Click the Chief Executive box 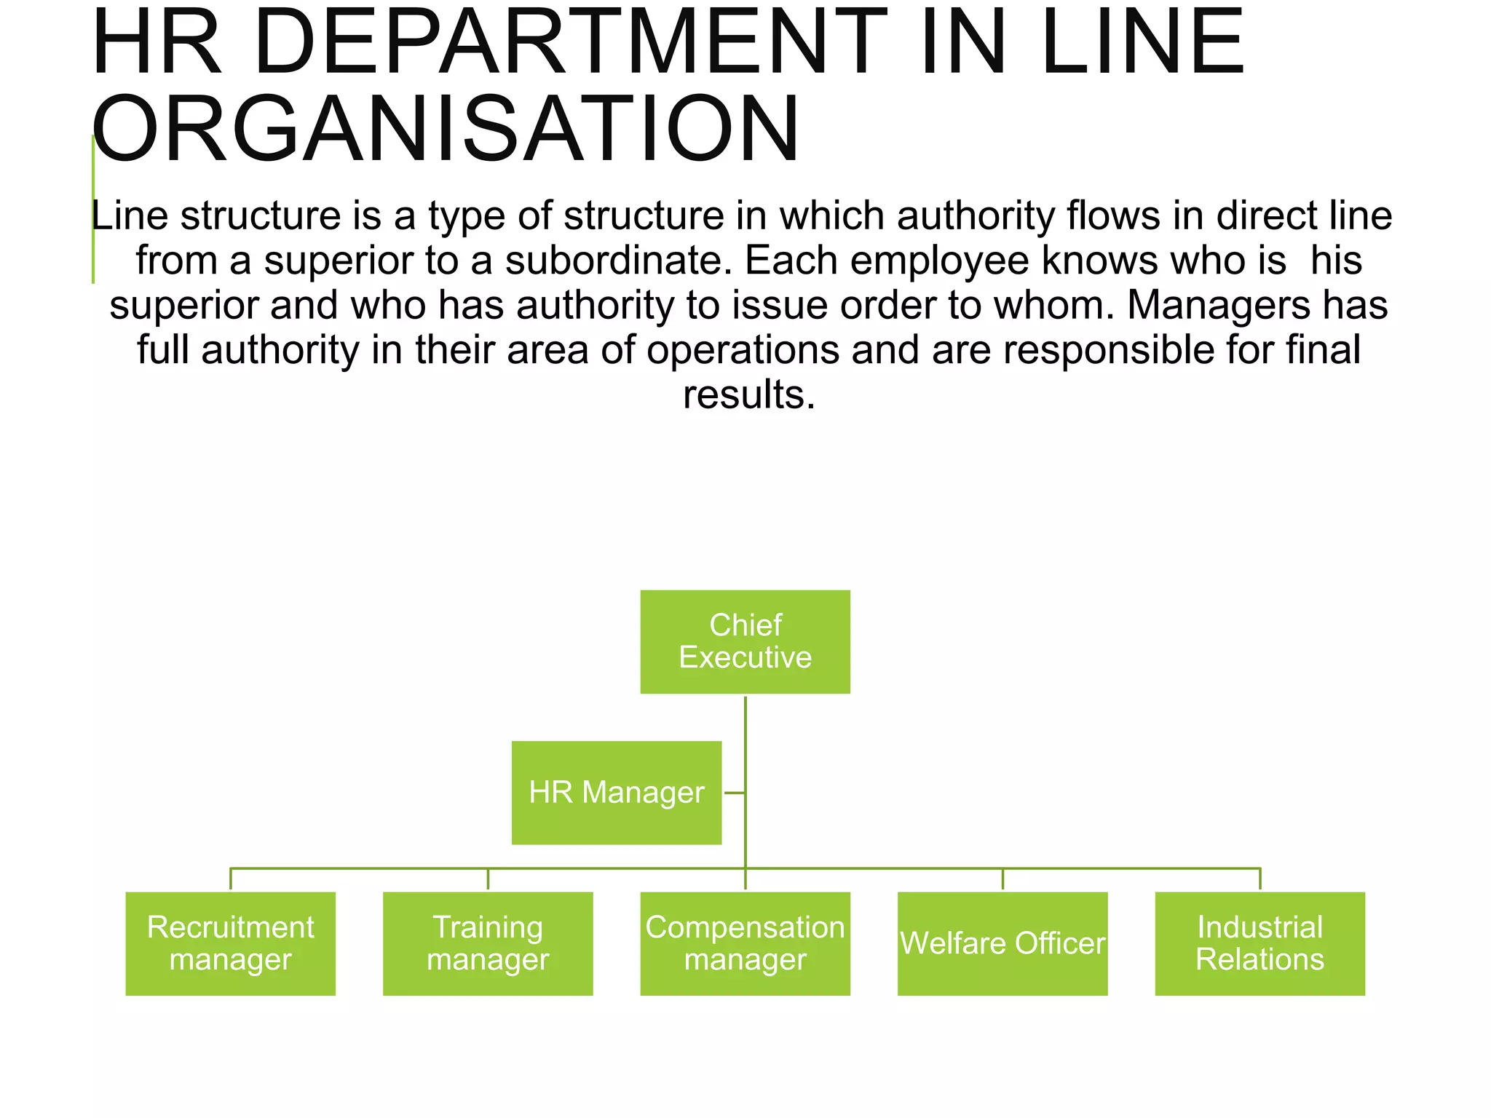pos(745,641)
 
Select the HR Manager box pos(616,793)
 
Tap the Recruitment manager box pos(230,943)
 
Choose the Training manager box pos(488,943)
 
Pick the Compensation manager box pos(745,943)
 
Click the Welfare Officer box pos(1002,943)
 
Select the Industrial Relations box pos(1259,943)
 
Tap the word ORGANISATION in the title pos(446,130)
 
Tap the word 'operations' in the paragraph pos(743,350)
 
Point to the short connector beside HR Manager pos(734,793)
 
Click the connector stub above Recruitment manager pos(231,879)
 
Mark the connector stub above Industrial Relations pos(1260,879)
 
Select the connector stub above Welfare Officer pos(1002,879)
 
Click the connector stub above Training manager pos(488,879)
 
